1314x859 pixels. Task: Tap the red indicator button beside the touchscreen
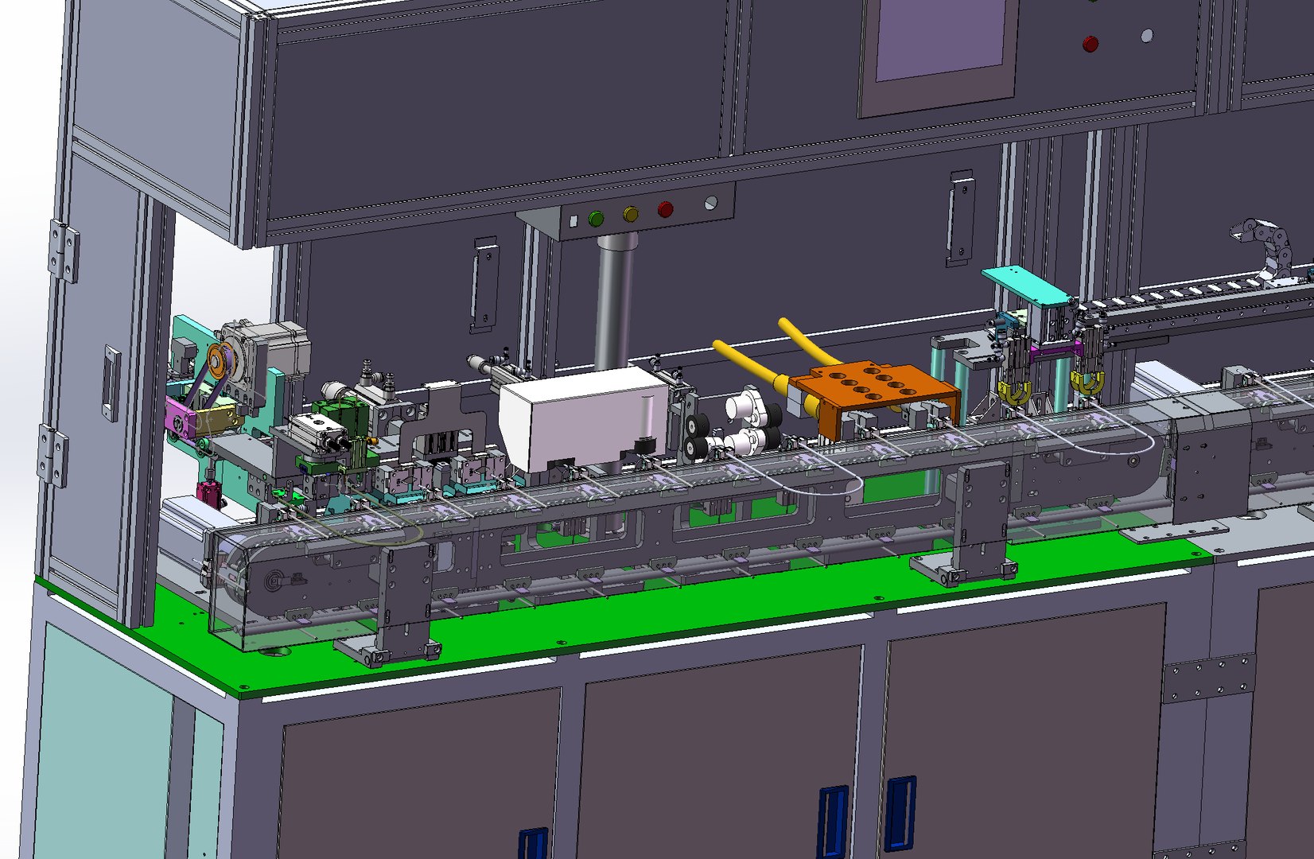(1090, 44)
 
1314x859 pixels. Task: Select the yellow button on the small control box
(630, 214)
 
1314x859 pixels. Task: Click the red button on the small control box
(665, 209)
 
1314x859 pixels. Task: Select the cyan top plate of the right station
(1027, 286)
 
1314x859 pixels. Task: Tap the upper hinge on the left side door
(64, 250)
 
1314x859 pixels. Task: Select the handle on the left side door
(111, 382)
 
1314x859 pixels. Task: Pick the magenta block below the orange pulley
(181, 417)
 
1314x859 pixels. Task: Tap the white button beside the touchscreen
(1146, 36)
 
